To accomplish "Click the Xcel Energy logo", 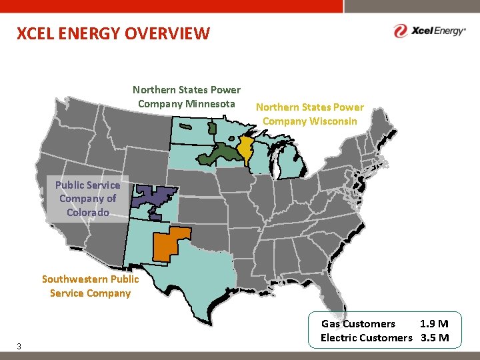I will pyautogui.click(x=429, y=31).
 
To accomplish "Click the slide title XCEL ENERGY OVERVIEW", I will pyautogui.click(x=113, y=33).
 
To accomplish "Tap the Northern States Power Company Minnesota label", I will pyautogui.click(x=187, y=97).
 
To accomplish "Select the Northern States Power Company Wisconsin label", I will pyautogui.click(x=310, y=114).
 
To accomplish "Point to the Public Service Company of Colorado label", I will pyautogui.click(x=88, y=199).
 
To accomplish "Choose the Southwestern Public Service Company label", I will pyautogui.click(x=91, y=286).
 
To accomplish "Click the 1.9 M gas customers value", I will pyautogui.click(x=434, y=324).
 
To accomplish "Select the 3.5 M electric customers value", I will pyautogui.click(x=435, y=337).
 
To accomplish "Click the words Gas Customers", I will pyautogui.click(x=358, y=324).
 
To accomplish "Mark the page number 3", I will pyautogui.click(x=19, y=346).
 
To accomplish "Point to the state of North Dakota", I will pyautogui.click(x=193, y=132).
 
